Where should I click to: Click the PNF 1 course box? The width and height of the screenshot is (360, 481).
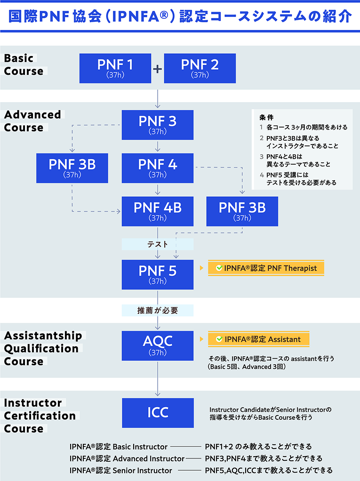[x=115, y=68]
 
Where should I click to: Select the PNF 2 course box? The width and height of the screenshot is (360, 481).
[x=200, y=68]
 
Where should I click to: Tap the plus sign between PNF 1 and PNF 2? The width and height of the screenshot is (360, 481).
[x=158, y=69]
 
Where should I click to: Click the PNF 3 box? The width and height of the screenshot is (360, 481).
[x=158, y=124]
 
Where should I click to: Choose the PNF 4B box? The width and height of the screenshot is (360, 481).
[x=158, y=211]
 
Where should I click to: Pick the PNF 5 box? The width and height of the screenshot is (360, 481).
[x=158, y=274]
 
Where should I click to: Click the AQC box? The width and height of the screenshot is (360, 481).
[x=158, y=345]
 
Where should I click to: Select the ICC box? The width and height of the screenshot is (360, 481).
[x=158, y=413]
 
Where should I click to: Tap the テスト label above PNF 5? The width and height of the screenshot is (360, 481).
[x=158, y=244]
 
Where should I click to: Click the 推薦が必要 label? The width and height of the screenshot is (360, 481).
[x=158, y=311]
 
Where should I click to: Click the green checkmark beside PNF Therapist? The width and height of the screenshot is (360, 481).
[x=219, y=268]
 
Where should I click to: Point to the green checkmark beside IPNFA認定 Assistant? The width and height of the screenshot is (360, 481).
[x=219, y=339]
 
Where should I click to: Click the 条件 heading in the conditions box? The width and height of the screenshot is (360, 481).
[x=266, y=117]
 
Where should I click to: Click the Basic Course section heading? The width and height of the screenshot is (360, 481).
[x=24, y=64]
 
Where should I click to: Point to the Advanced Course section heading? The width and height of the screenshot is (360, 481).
[x=32, y=121]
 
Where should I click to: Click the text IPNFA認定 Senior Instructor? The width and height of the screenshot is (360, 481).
[x=121, y=470]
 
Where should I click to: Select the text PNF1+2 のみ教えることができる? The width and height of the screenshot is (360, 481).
[x=258, y=446]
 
